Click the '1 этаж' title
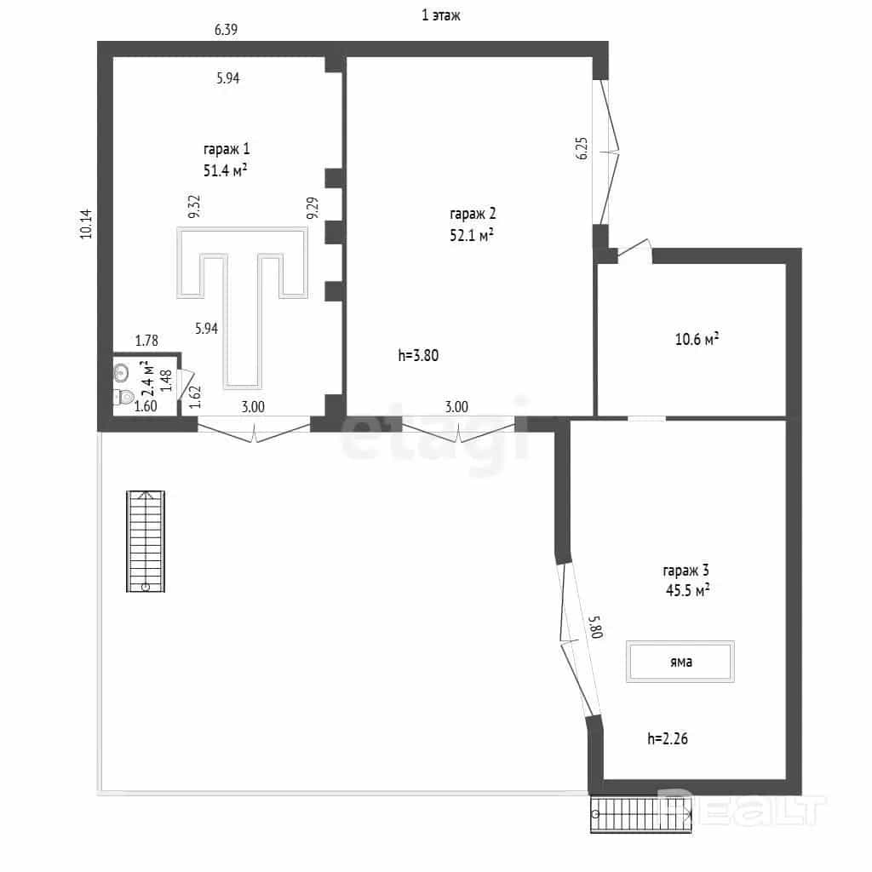[441, 15]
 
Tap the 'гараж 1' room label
[227, 150]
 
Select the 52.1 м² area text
[472, 235]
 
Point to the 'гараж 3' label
[686, 571]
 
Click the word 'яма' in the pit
[680, 662]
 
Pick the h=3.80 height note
[418, 355]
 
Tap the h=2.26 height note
[668, 738]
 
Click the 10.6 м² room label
[697, 339]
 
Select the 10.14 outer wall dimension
[86, 224]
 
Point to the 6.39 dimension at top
[227, 30]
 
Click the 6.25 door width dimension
[581, 148]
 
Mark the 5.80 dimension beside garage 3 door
[595, 627]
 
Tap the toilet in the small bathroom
[123, 397]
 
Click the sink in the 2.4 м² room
[121, 373]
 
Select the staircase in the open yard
[145, 541]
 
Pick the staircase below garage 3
[640, 815]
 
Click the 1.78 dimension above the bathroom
[146, 341]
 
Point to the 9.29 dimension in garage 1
[313, 208]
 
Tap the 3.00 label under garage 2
[456, 407]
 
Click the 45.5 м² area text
[687, 590]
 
